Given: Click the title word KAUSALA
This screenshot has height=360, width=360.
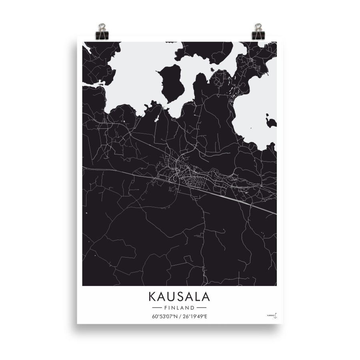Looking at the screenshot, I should click(179, 297).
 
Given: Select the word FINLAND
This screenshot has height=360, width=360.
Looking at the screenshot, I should click(179, 308).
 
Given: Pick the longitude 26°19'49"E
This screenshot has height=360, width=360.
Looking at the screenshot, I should click(195, 317).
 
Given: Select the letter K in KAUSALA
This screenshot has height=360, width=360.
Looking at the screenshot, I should click(153, 297).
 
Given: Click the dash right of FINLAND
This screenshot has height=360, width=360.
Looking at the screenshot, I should click(202, 308).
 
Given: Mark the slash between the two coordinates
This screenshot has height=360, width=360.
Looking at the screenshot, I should click(180, 317).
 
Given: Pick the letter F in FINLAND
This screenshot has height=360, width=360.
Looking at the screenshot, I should click(166, 308).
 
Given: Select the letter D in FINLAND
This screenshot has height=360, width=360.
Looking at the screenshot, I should click(193, 308).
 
